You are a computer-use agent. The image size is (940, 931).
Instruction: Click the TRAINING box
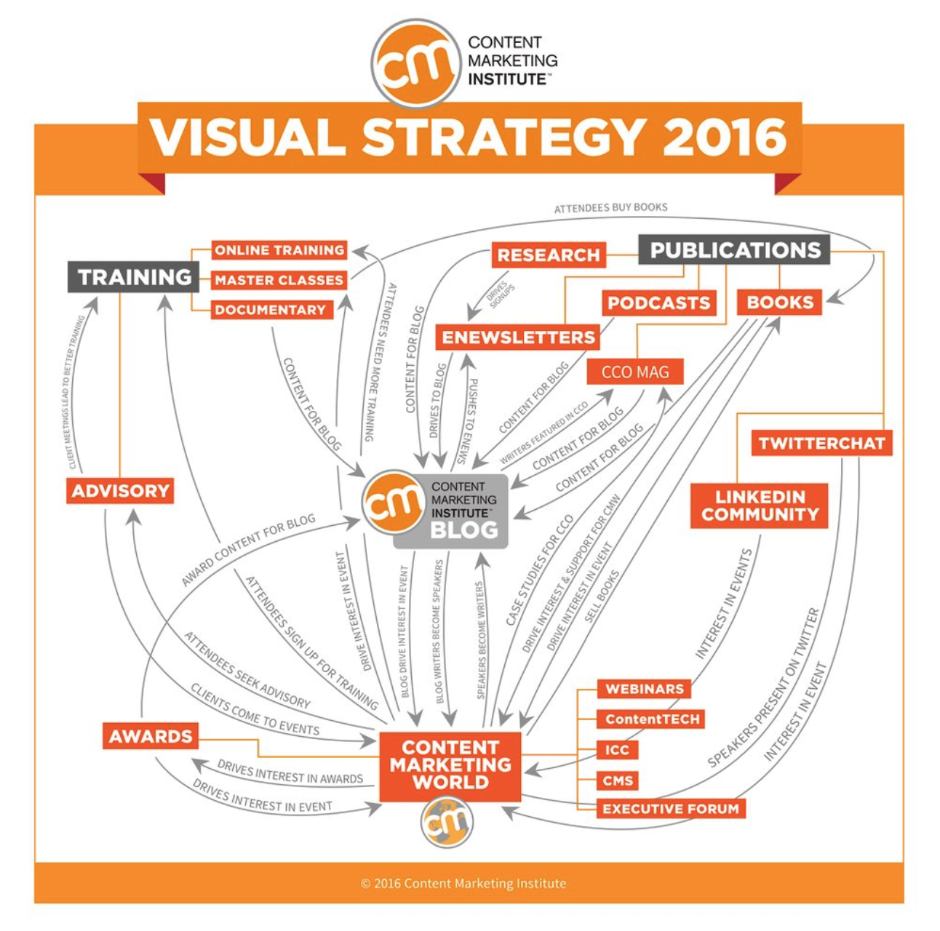tap(133, 277)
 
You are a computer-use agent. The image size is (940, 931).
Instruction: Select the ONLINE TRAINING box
tap(279, 250)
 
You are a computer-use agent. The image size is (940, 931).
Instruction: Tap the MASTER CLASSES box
tap(279, 280)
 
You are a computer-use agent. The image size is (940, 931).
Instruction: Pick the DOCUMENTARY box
tap(272, 310)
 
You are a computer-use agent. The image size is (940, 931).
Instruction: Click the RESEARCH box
tap(549, 255)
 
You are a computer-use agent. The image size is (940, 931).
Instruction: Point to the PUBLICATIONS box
tap(734, 250)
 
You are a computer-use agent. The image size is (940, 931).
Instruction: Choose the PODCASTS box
tap(659, 303)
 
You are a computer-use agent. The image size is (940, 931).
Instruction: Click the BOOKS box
tap(779, 303)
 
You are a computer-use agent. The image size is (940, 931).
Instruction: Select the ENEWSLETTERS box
tap(517, 337)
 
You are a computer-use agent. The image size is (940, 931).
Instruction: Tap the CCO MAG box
tap(635, 372)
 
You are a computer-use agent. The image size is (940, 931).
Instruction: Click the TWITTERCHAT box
tap(821, 443)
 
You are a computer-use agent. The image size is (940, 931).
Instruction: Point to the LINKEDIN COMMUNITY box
tap(759, 506)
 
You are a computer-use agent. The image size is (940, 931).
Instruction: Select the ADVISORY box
tap(120, 491)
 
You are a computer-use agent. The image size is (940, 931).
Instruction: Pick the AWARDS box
tap(151, 736)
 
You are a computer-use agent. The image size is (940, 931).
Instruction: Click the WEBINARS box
tap(644, 689)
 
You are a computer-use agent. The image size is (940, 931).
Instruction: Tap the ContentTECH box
tap(650, 719)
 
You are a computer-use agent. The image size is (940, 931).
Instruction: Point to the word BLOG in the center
tap(464, 530)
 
